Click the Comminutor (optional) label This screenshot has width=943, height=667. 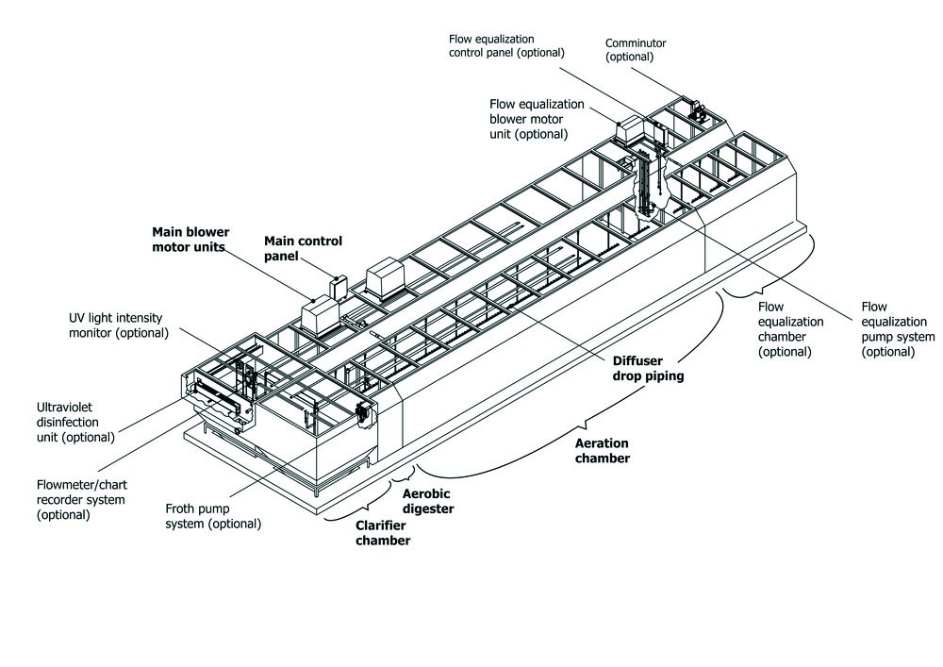tap(636, 48)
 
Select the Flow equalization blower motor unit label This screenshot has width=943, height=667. tap(537, 119)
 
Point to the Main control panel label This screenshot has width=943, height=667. tap(303, 248)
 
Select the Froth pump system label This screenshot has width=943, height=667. tap(213, 515)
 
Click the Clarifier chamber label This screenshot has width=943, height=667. tap(383, 533)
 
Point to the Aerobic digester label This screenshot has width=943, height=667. tap(429, 501)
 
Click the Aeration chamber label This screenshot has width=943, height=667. tap(603, 450)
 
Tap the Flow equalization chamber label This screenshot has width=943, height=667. tap(791, 329)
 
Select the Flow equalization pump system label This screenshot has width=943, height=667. tap(898, 329)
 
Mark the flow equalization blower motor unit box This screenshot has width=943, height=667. tap(628, 131)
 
